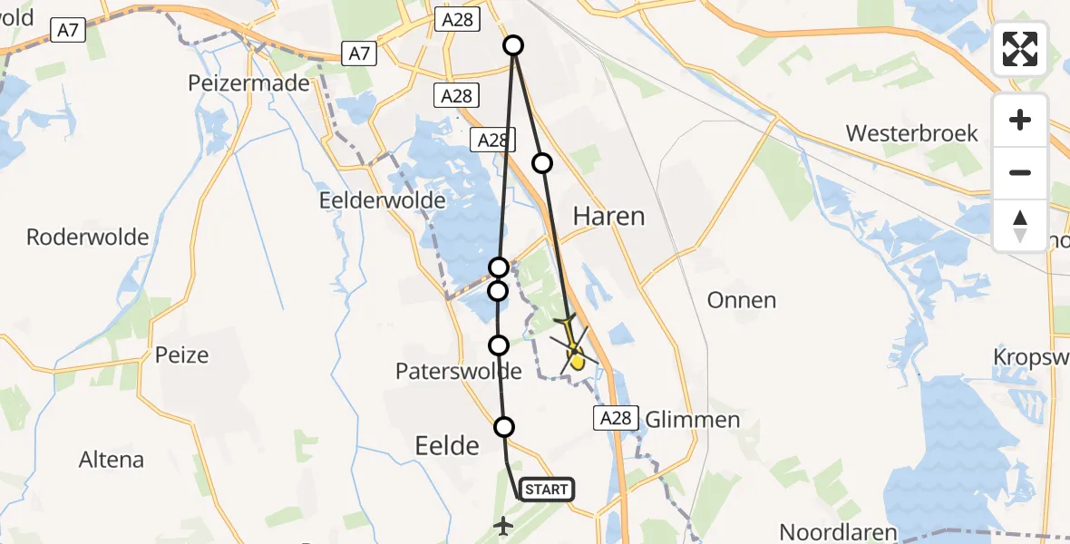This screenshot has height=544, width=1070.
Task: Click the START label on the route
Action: [546, 491]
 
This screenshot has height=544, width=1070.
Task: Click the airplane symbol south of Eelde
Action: [503, 525]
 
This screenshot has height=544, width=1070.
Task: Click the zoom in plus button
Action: [1020, 121]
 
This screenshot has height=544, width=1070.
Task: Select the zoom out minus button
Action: [1020, 172]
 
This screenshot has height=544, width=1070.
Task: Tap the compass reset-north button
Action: [1020, 225]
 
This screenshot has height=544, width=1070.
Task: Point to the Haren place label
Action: [608, 216]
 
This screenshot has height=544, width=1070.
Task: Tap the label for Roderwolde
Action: [87, 238]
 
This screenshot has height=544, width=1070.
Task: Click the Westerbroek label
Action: [911, 134]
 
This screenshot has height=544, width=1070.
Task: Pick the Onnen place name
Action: [743, 300]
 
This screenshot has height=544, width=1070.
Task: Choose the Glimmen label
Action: [692, 420]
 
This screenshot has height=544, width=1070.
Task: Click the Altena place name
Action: [112, 460]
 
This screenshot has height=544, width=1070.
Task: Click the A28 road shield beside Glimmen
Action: [613, 418]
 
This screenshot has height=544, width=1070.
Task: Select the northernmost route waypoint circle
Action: [513, 45]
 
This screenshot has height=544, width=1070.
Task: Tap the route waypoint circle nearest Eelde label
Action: [504, 426]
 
